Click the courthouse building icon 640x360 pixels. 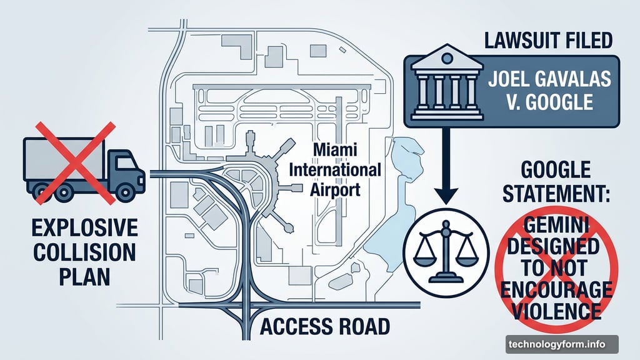coord(447,83)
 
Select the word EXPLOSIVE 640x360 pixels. coord(84,227)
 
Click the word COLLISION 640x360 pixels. coord(84,252)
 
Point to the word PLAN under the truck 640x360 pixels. coord(84,276)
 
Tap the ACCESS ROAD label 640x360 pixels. coord(325,326)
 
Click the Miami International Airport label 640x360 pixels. coord(335,169)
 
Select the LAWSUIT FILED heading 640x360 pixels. coord(549,41)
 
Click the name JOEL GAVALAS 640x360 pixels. coord(550,79)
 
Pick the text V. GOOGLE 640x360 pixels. coord(550,102)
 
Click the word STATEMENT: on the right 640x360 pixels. coord(556,194)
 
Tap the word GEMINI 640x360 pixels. coord(556,225)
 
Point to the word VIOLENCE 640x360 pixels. coord(556,311)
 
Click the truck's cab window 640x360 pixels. coord(127,163)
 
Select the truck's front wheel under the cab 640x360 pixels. coord(125,192)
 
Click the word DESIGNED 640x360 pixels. coord(553,246)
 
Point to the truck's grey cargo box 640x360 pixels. coord(64,159)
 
